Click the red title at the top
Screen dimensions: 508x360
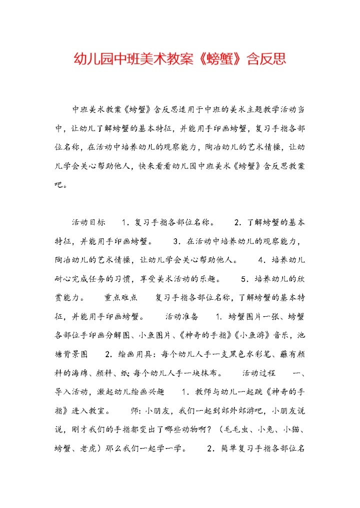tap(180, 59)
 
